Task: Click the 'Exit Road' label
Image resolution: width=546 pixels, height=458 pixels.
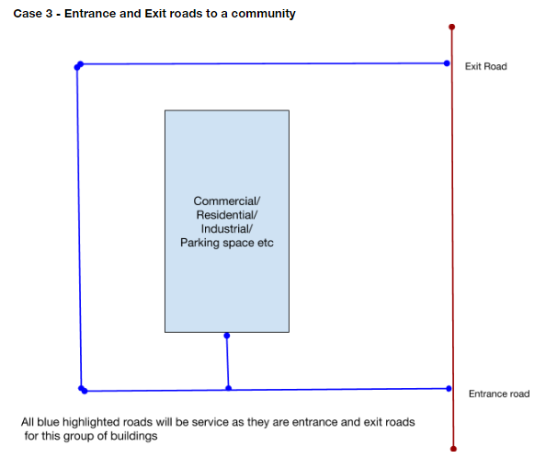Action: (485, 66)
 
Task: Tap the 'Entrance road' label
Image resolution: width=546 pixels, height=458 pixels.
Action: (499, 394)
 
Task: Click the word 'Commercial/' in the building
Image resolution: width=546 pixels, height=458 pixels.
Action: (227, 200)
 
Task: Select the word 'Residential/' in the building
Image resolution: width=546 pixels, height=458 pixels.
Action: (227, 214)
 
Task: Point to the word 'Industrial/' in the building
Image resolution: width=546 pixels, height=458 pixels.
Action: (227, 229)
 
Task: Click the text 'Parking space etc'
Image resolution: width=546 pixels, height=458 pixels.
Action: (227, 243)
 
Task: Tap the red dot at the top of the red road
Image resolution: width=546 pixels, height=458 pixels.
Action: (451, 27)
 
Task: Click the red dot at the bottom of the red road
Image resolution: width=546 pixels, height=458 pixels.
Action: (454, 448)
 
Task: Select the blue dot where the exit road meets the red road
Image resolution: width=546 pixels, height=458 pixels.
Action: (447, 63)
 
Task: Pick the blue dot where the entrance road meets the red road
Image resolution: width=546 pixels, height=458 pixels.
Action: (449, 388)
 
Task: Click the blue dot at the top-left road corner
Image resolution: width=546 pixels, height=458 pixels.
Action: (79, 66)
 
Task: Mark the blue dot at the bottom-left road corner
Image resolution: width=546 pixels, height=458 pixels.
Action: (83, 389)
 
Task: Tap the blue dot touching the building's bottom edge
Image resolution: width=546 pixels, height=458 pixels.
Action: (227, 335)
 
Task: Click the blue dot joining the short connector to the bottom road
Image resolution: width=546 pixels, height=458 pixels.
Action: (228, 388)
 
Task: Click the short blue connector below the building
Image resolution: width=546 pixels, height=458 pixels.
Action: (227, 361)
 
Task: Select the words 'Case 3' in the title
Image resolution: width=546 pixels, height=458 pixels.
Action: (34, 15)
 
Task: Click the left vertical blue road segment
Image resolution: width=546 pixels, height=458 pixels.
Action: (79, 230)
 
